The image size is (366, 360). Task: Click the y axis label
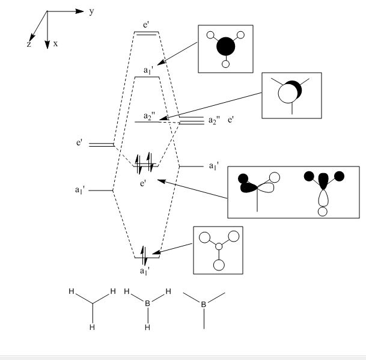click(x=91, y=11)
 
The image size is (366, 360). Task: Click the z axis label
click(x=28, y=44)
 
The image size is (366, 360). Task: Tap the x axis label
click(x=55, y=44)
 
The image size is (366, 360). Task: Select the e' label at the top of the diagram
click(x=147, y=25)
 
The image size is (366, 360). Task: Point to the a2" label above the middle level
click(x=150, y=115)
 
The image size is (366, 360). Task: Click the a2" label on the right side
click(x=214, y=121)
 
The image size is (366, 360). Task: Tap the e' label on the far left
click(x=79, y=143)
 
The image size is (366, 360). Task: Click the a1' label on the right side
click(x=214, y=165)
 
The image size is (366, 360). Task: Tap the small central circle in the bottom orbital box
click(x=219, y=247)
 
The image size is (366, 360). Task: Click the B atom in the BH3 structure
click(x=147, y=304)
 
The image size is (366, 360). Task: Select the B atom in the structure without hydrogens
click(x=204, y=305)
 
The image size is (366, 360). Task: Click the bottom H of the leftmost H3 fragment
click(x=92, y=328)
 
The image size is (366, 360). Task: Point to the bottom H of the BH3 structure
click(x=147, y=328)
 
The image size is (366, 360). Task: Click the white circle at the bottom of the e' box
click(x=323, y=211)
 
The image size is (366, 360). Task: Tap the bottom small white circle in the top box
click(x=226, y=64)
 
